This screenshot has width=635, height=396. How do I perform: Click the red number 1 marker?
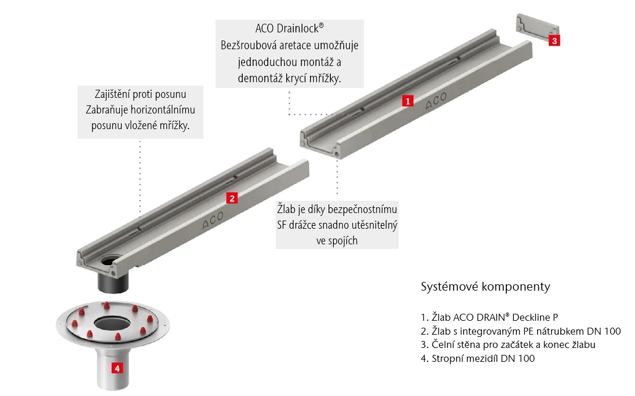pyautogui.click(x=407, y=101)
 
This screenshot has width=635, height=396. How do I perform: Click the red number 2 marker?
pyautogui.click(x=231, y=199)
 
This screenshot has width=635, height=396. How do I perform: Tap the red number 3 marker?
pyautogui.click(x=554, y=41)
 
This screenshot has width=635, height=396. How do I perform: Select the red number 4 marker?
pyautogui.click(x=116, y=368)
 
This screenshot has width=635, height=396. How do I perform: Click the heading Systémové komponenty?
pyautogui.click(x=484, y=287)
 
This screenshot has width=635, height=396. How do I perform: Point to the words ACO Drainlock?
pyautogui.click(x=289, y=29)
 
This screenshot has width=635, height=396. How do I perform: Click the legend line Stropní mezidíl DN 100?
pyautogui.click(x=477, y=358)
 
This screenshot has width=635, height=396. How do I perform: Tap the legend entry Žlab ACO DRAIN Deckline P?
pyautogui.click(x=490, y=317)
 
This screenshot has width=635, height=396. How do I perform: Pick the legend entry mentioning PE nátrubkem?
pyautogui.click(x=520, y=331)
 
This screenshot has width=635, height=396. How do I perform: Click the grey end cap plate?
pyautogui.click(x=535, y=30)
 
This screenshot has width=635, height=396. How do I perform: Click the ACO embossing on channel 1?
pyautogui.click(x=436, y=102)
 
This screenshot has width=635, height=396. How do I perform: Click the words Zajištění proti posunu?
pyautogui.click(x=141, y=94)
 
